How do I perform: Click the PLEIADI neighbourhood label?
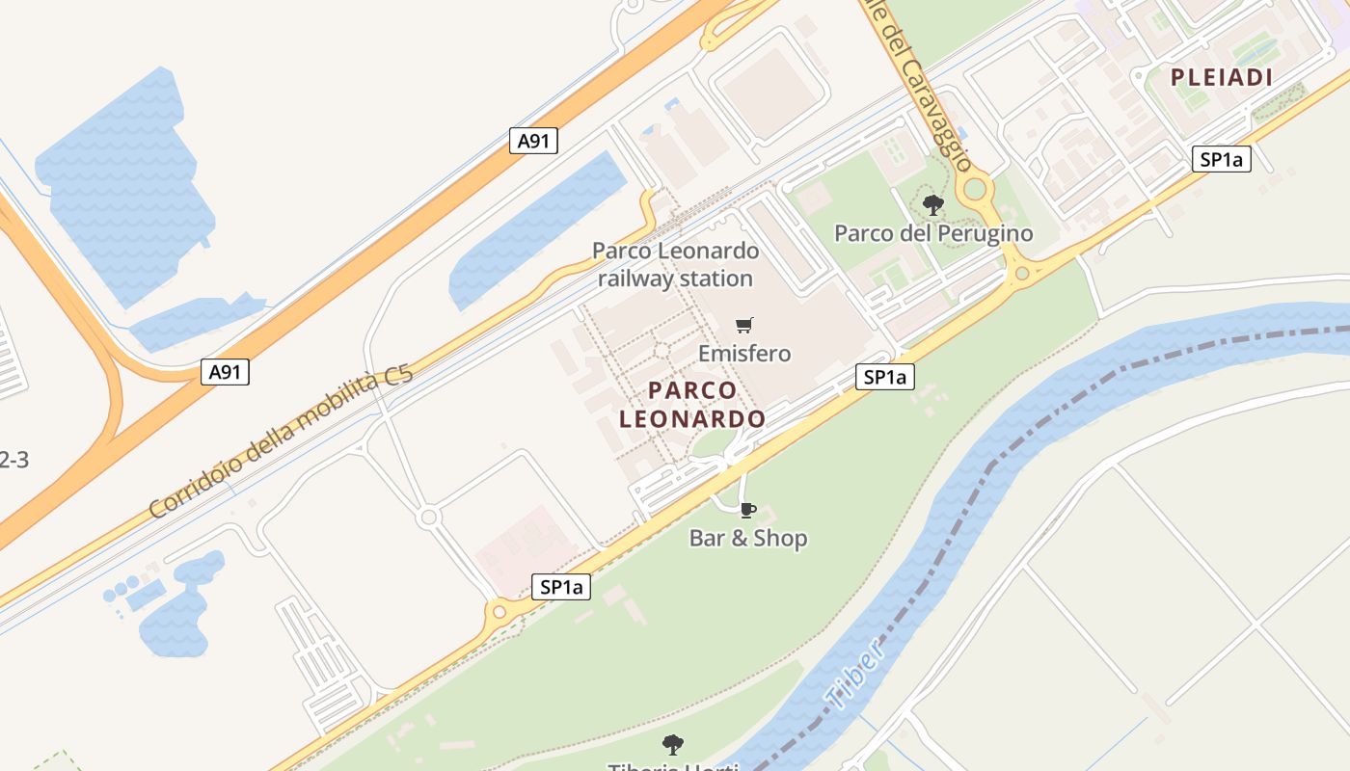pyautogui.click(x=1222, y=78)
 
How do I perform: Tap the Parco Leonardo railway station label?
pyautogui.click(x=675, y=265)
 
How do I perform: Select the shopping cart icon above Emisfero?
pyautogui.click(x=743, y=325)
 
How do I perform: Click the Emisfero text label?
pyautogui.click(x=744, y=354)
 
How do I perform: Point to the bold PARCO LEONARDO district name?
pyautogui.click(x=692, y=405)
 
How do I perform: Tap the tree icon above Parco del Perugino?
pyautogui.click(x=932, y=204)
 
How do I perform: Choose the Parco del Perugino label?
pyautogui.click(x=932, y=233)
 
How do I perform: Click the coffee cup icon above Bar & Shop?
pyautogui.click(x=747, y=510)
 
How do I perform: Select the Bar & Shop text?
pyautogui.click(x=747, y=538)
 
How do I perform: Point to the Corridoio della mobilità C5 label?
pyautogui.click(x=282, y=442)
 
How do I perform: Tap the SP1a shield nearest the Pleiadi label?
pyautogui.click(x=1222, y=159)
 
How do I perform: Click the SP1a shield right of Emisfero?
pyautogui.click(x=885, y=377)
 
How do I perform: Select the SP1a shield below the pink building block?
pyautogui.click(x=561, y=586)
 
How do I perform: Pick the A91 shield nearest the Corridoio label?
pyautogui.click(x=225, y=372)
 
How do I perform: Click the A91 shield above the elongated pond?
pyautogui.click(x=533, y=141)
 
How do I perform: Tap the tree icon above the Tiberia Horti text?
pyautogui.click(x=673, y=744)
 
